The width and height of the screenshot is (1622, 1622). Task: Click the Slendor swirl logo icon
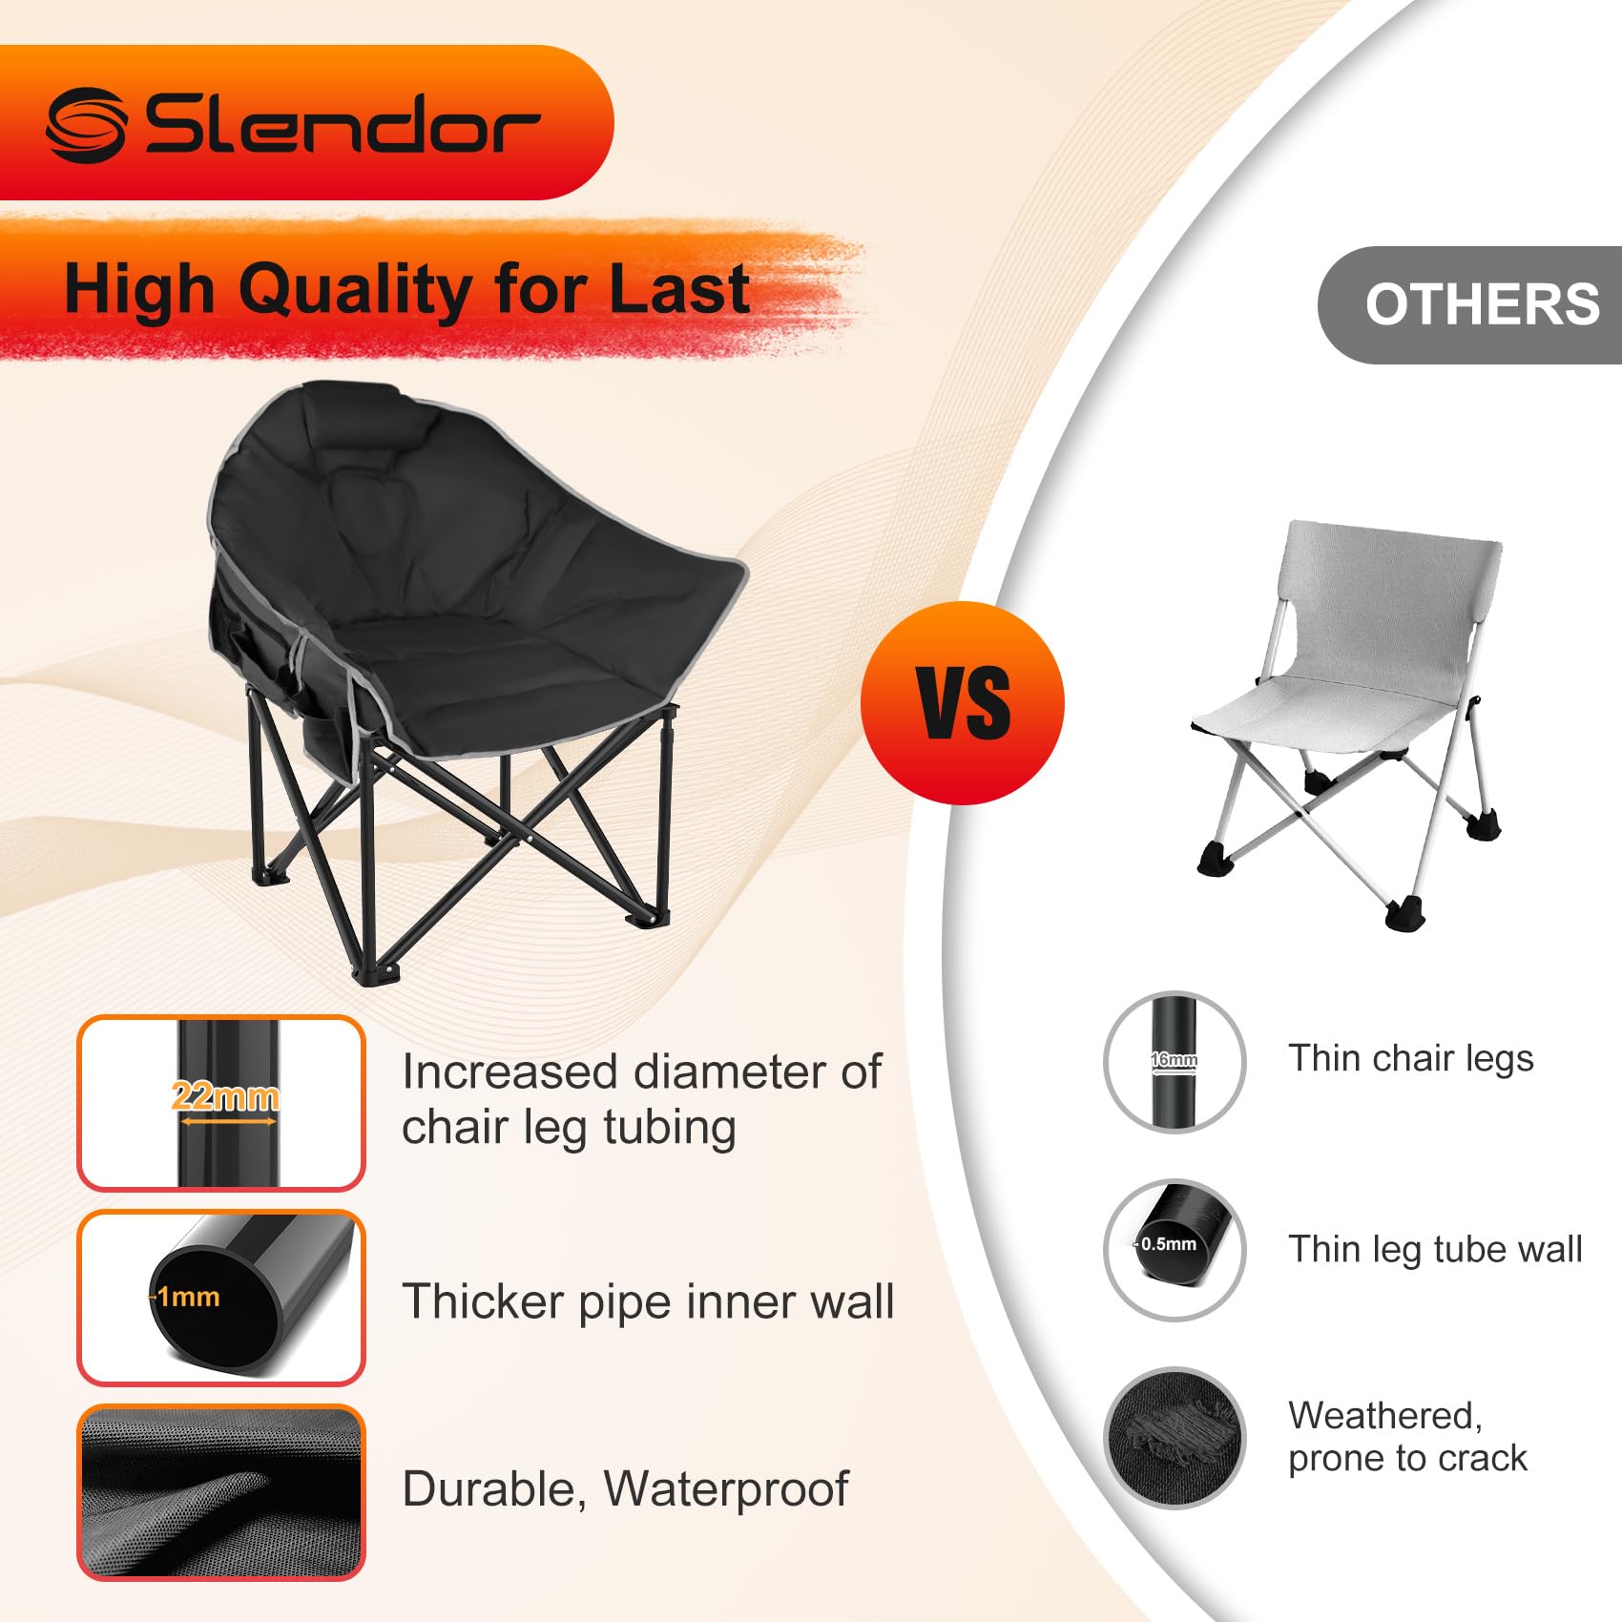click(x=87, y=124)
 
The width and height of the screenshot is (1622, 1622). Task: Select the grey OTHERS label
click(x=1470, y=304)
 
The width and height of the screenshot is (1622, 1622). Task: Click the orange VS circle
click(x=962, y=703)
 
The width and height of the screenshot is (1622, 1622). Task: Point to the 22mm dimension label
click(x=225, y=1096)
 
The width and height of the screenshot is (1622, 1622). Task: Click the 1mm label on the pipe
click(x=188, y=1297)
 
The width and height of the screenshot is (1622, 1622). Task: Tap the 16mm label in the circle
click(x=1175, y=1059)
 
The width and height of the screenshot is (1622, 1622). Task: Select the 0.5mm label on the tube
click(x=1168, y=1244)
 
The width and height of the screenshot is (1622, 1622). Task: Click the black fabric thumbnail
click(x=221, y=1492)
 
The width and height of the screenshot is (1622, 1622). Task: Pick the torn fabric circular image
click(x=1175, y=1439)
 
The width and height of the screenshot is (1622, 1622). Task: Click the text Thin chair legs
click(x=1411, y=1059)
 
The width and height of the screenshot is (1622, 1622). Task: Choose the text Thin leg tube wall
click(x=1435, y=1250)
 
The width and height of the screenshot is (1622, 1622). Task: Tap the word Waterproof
click(x=726, y=1489)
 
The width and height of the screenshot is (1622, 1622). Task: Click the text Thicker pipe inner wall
click(x=648, y=1302)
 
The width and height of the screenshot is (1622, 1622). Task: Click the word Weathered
click(x=1385, y=1417)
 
